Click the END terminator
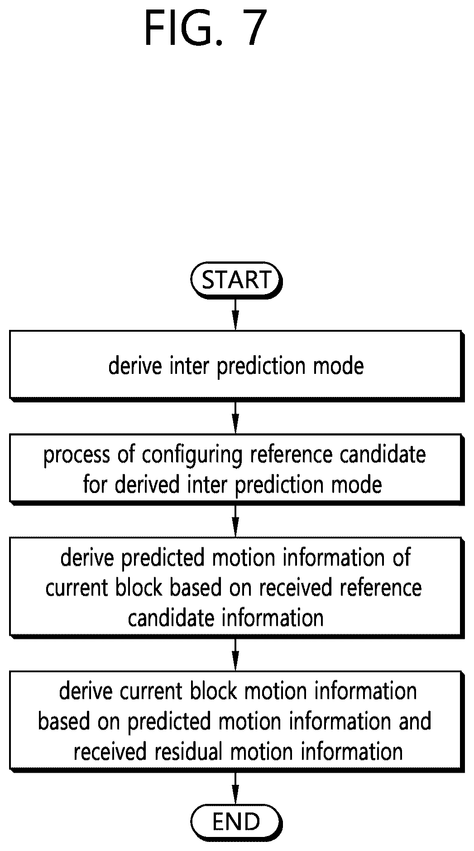click(x=236, y=822)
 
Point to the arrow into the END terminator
click(x=235, y=788)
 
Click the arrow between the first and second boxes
click(x=235, y=417)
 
